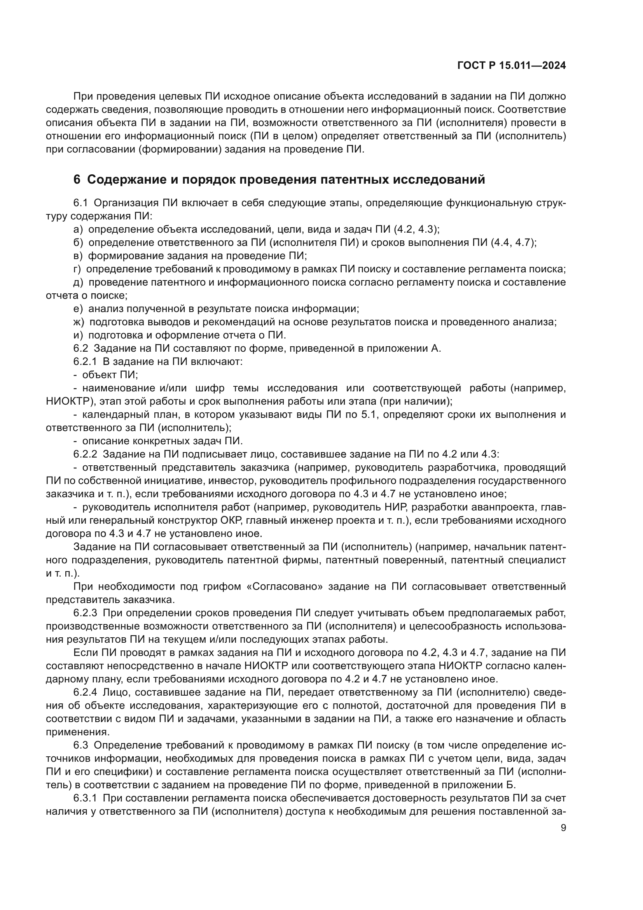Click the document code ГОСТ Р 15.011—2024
coord(511,66)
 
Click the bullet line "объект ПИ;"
coord(110,375)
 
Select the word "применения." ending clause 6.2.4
coord(77,732)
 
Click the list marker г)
coord(77,269)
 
